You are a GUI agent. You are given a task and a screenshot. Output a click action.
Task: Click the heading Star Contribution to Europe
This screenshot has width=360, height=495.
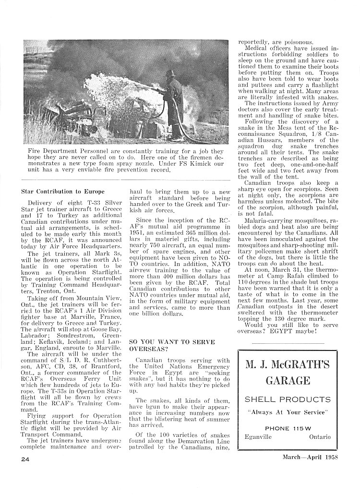63,191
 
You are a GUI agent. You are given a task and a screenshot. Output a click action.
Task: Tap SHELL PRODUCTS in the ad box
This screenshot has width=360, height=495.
288,399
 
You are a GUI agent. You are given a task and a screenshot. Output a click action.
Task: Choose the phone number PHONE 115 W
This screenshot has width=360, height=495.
288,428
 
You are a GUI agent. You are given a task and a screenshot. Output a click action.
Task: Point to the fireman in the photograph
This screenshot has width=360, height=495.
174,106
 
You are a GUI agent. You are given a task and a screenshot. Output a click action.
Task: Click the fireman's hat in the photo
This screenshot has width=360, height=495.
169,74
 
